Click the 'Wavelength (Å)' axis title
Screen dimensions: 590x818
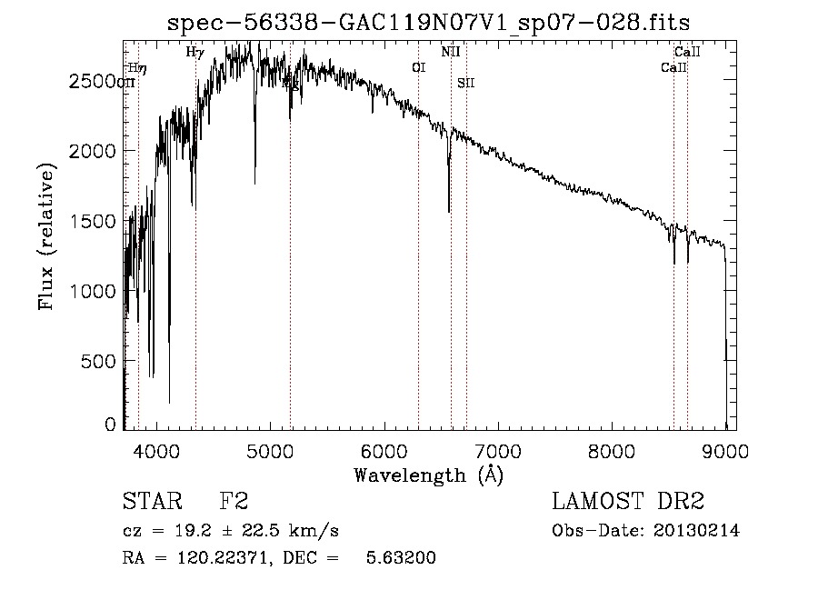coord(428,475)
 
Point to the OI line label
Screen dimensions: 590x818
coord(418,67)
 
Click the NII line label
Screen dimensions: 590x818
coord(451,52)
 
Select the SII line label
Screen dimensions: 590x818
coord(465,83)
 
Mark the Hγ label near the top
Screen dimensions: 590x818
coord(195,52)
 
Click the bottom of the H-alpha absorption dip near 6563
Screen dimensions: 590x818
coord(449,211)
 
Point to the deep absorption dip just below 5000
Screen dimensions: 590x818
coord(255,182)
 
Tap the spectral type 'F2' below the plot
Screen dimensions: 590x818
coord(234,502)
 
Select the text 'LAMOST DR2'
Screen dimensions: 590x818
coord(628,502)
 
